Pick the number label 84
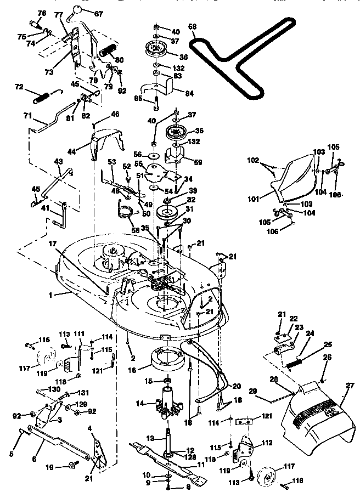point(189,93)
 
